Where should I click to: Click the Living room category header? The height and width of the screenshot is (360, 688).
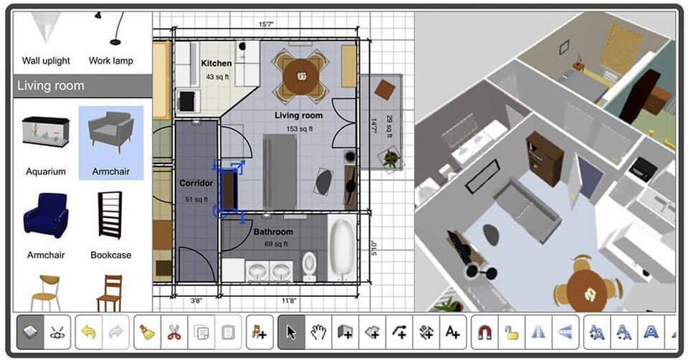click(50, 86)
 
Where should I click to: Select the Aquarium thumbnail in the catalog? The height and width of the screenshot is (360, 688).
click(46, 133)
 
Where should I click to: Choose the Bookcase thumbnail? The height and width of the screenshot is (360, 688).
click(110, 215)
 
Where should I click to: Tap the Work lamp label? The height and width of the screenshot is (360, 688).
click(110, 61)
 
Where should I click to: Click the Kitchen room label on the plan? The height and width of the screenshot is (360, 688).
click(216, 64)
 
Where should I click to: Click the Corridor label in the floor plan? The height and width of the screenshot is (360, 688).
click(196, 184)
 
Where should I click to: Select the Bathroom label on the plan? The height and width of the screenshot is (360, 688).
click(273, 232)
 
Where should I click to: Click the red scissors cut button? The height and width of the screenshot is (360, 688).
click(174, 332)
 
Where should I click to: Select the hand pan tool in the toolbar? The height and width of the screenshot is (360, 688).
click(318, 332)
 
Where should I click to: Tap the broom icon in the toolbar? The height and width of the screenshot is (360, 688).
click(147, 332)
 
